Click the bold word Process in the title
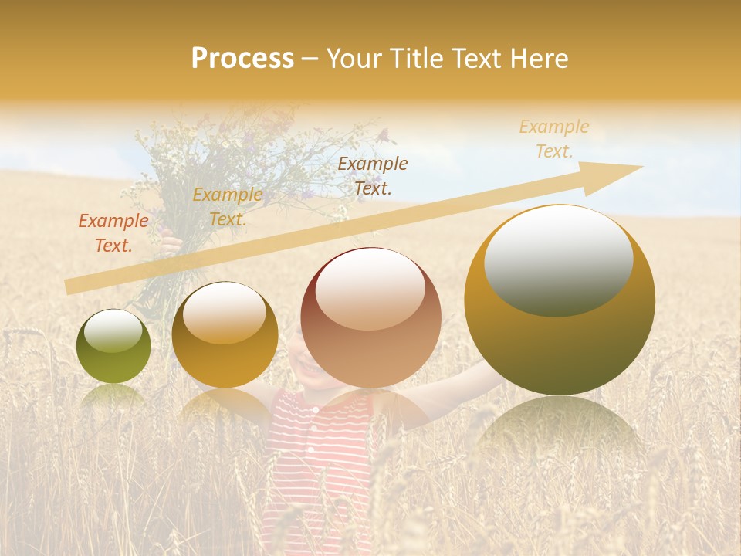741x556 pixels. click(x=242, y=59)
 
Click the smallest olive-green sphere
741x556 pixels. click(x=113, y=347)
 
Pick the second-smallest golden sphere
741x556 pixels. click(x=225, y=335)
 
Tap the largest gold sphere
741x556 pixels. click(x=560, y=300)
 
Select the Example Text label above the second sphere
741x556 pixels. click(x=227, y=207)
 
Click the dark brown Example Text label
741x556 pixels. click(x=373, y=175)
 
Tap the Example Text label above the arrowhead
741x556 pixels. click(x=553, y=139)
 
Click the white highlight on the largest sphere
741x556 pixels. click(x=558, y=259)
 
